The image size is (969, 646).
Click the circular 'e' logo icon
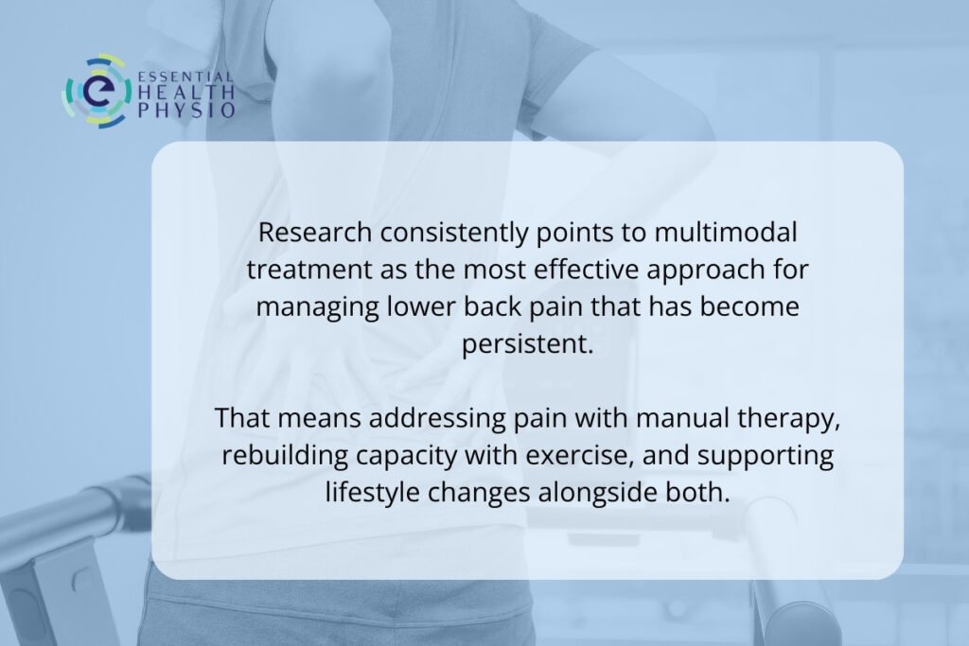point(96,91)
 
